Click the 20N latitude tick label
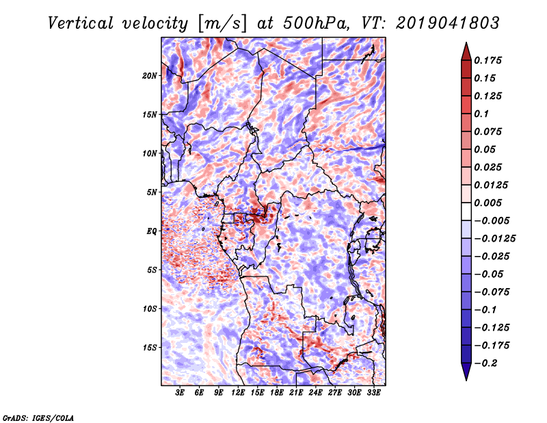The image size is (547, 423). [x=150, y=75]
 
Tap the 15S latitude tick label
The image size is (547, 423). [x=150, y=347]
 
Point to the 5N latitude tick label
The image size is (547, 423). [x=152, y=192]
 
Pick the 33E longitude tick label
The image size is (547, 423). [x=373, y=393]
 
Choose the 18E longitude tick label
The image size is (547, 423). [x=277, y=393]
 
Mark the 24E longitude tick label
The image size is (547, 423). [x=315, y=393]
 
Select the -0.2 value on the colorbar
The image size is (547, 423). [x=487, y=363]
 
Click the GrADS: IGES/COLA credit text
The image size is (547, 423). [x=38, y=417]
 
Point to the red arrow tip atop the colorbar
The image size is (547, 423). [x=466, y=47]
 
